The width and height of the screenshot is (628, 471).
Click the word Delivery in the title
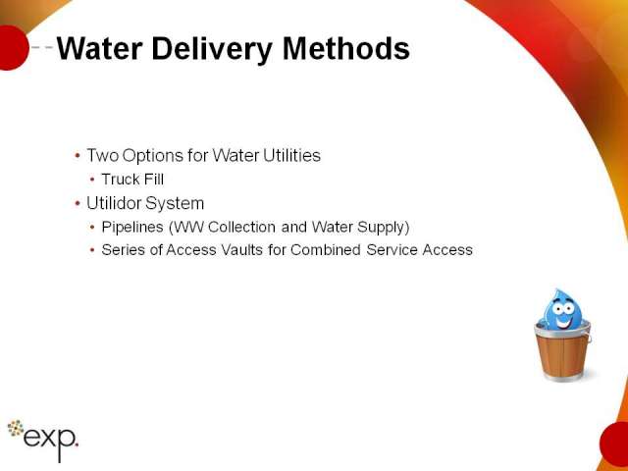tap(212, 50)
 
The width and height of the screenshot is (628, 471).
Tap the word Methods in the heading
tap(346, 48)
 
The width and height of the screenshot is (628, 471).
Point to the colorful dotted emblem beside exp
tap(16, 428)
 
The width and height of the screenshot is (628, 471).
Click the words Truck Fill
tap(132, 179)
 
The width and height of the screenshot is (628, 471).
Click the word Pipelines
tap(132, 227)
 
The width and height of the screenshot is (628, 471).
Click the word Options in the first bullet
tap(153, 156)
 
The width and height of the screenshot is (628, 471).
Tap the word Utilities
tap(292, 155)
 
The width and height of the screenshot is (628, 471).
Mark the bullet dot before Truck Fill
tap(92, 180)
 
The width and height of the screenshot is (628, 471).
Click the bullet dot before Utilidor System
tap(78, 203)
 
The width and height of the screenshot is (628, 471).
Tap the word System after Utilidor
tap(175, 203)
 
